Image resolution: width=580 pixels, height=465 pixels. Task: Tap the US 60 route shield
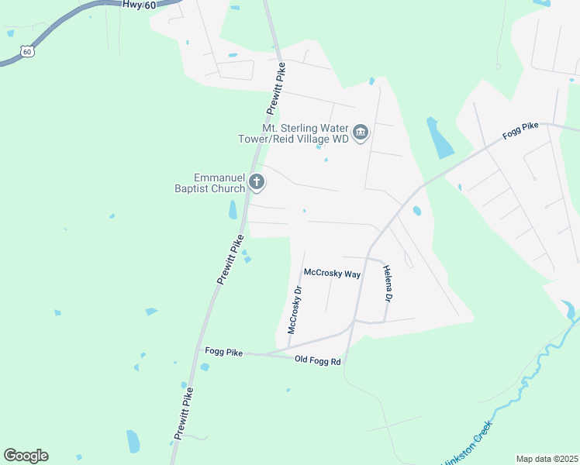[x=28, y=52]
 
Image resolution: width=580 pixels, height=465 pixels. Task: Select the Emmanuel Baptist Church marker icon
[x=257, y=184]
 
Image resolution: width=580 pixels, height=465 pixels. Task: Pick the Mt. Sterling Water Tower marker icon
[x=361, y=133]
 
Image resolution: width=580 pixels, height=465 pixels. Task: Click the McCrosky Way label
[x=332, y=274]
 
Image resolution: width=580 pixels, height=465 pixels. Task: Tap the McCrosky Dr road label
[x=294, y=309]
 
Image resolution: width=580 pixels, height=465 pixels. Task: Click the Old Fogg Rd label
[x=318, y=360]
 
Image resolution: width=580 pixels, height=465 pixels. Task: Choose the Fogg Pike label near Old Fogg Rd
[x=223, y=352]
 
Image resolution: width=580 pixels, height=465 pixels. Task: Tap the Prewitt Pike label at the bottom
[x=184, y=414]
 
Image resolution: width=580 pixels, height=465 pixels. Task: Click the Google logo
[x=26, y=456]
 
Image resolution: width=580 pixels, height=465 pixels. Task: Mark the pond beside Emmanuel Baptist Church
[x=233, y=209]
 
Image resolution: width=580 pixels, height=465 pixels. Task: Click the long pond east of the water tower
[x=440, y=138]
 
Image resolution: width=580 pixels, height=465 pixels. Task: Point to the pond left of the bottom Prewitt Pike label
[x=133, y=441]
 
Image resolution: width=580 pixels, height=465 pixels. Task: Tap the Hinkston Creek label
[x=465, y=451]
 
